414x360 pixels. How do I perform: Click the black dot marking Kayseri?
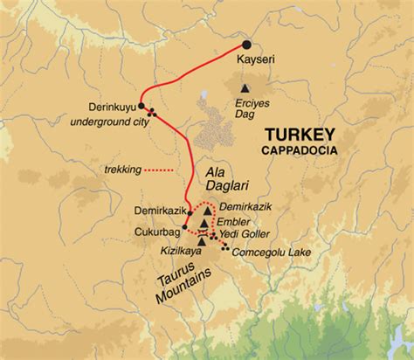click(x=247, y=45)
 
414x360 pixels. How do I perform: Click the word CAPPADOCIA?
click(x=297, y=149)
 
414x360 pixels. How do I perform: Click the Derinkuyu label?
click(x=112, y=107)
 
